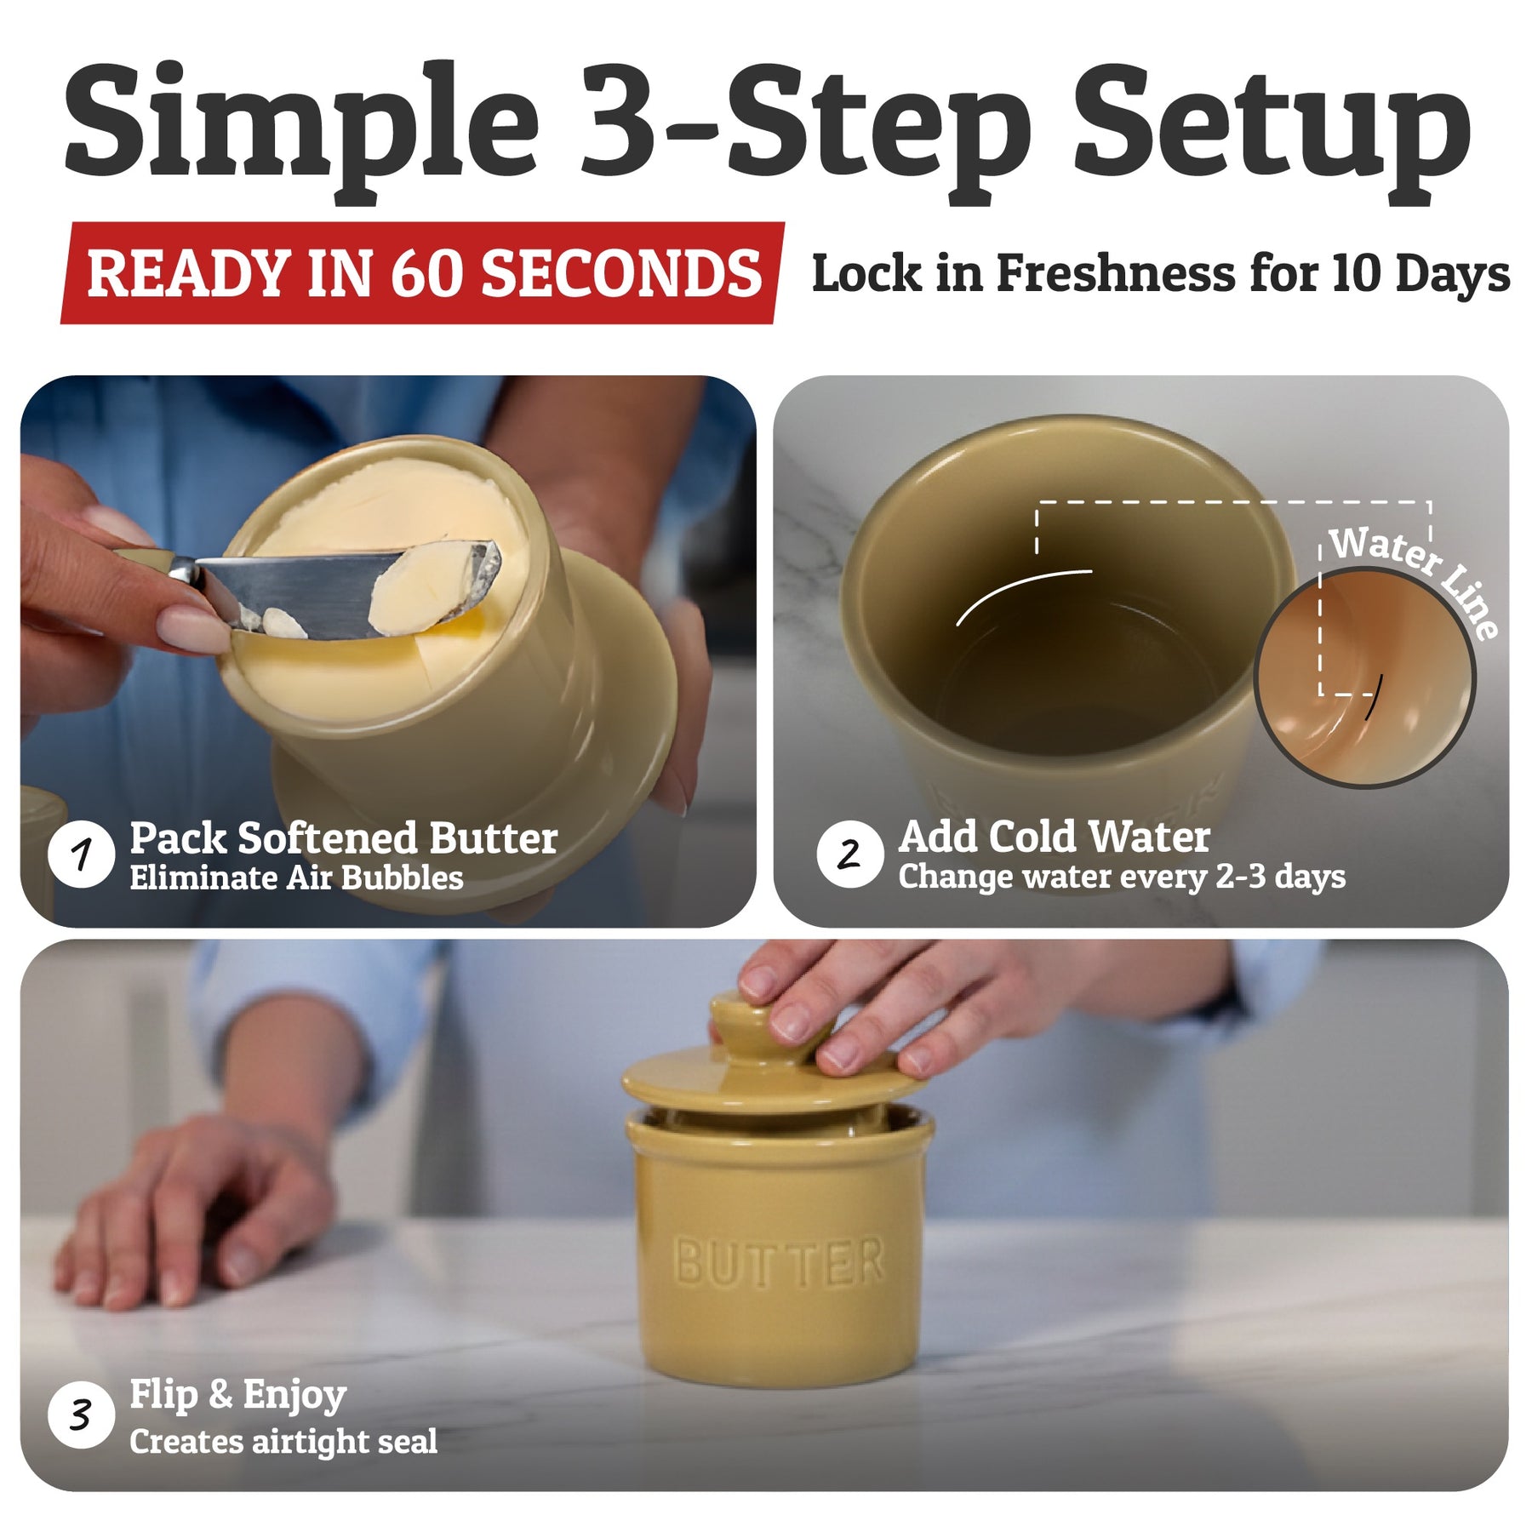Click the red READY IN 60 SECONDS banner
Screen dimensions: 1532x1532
[x=423, y=273]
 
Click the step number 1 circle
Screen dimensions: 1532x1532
[x=81, y=854]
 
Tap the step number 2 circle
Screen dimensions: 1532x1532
[x=849, y=854]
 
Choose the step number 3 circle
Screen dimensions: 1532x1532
[x=81, y=1415]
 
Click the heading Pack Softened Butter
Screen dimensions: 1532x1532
[x=344, y=838]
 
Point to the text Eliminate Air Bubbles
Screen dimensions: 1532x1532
[x=296, y=878]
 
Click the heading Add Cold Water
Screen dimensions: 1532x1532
[x=1054, y=837]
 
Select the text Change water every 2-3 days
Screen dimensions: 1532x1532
[x=1122, y=877]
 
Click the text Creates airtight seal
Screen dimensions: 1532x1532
[x=283, y=1442]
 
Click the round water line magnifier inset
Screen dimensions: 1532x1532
[x=1364, y=677]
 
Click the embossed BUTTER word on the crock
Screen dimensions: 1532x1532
[x=779, y=1262]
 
